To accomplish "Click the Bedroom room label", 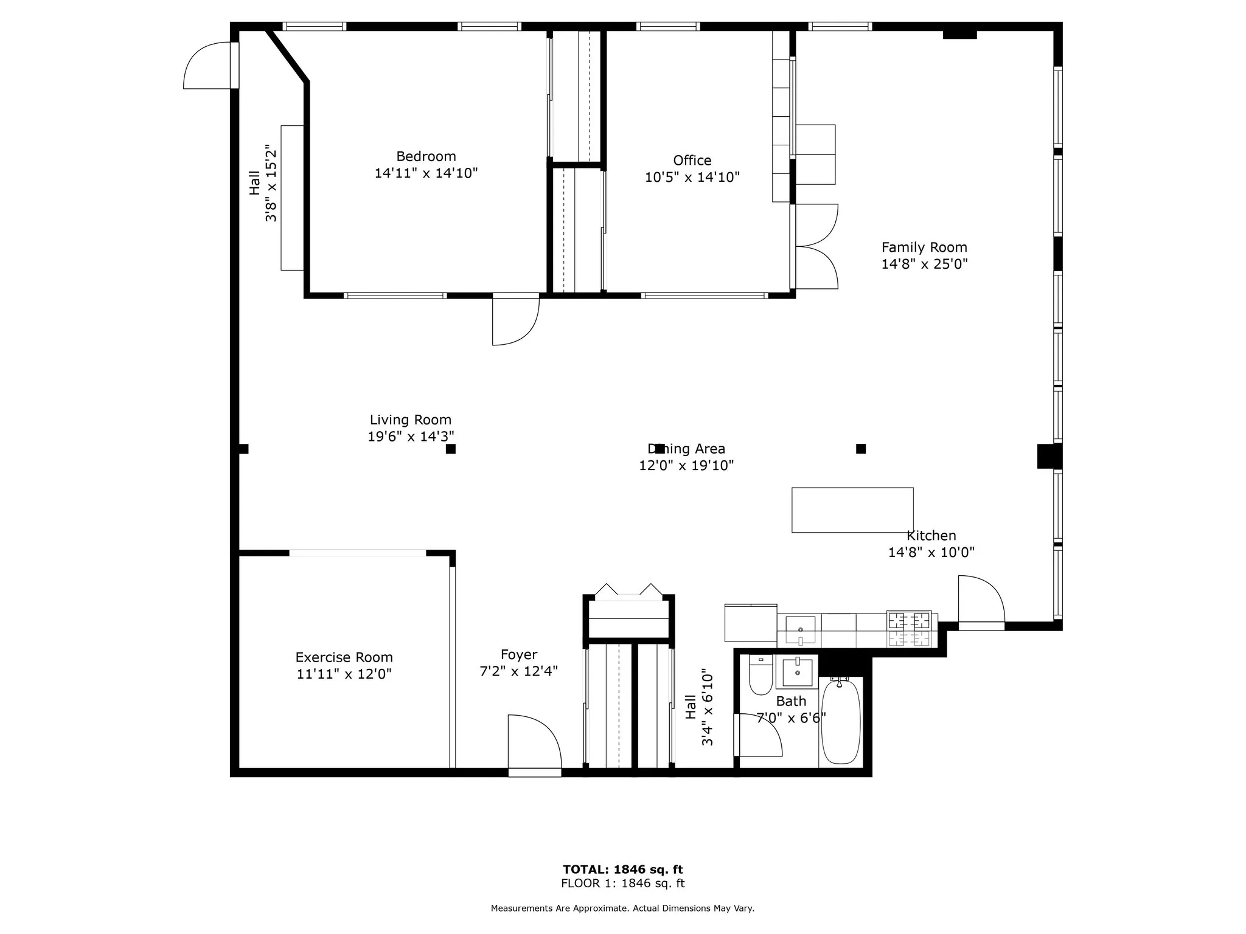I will click(426, 156).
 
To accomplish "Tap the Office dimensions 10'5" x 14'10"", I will click(692, 178).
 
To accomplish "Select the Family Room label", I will click(924, 247).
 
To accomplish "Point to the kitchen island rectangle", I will click(852, 510).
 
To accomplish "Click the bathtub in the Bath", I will click(841, 722).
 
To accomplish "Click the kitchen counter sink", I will click(800, 629).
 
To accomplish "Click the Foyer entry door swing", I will click(533, 743).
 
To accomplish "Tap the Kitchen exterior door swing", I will click(979, 600).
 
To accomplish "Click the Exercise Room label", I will click(344, 657).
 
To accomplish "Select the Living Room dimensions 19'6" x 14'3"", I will click(411, 437).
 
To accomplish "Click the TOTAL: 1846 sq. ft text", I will click(622, 870).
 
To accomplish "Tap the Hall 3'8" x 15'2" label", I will click(263, 182).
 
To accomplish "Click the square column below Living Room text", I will click(451, 449).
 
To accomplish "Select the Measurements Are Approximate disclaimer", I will click(622, 908).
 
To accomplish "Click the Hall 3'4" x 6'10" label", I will click(698, 707).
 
